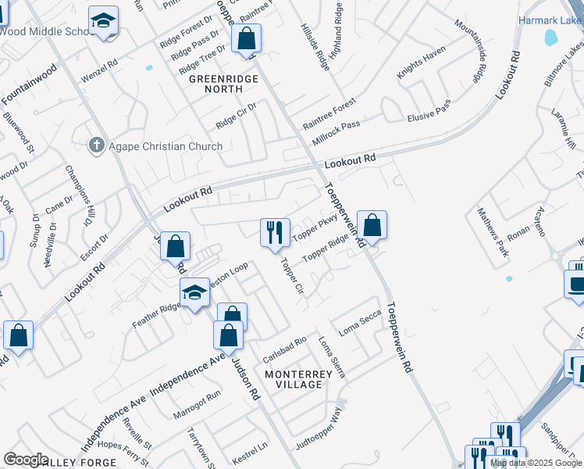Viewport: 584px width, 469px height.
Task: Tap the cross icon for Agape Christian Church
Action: click(x=96, y=145)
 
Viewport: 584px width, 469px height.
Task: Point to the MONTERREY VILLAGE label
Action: click(x=304, y=379)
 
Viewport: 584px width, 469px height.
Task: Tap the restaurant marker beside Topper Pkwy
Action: click(x=273, y=232)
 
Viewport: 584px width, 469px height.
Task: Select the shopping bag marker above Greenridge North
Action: click(x=246, y=38)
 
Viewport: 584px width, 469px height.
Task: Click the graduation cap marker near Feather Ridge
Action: click(x=194, y=293)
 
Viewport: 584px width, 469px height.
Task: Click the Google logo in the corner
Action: click(x=26, y=460)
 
